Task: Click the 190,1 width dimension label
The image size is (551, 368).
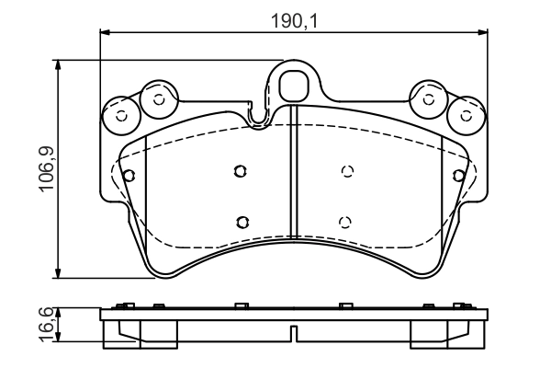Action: [293, 19]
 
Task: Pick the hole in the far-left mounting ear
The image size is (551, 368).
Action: [121, 116]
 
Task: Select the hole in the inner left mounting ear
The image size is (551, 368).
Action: [158, 98]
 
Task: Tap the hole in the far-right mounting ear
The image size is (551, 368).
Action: [466, 116]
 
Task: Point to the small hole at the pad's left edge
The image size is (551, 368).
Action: [129, 175]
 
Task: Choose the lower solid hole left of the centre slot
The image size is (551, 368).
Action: [242, 221]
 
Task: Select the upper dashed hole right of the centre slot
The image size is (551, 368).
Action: [347, 170]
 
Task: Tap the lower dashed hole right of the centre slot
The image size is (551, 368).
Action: [344, 221]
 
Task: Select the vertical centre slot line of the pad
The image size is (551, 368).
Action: [292, 175]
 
